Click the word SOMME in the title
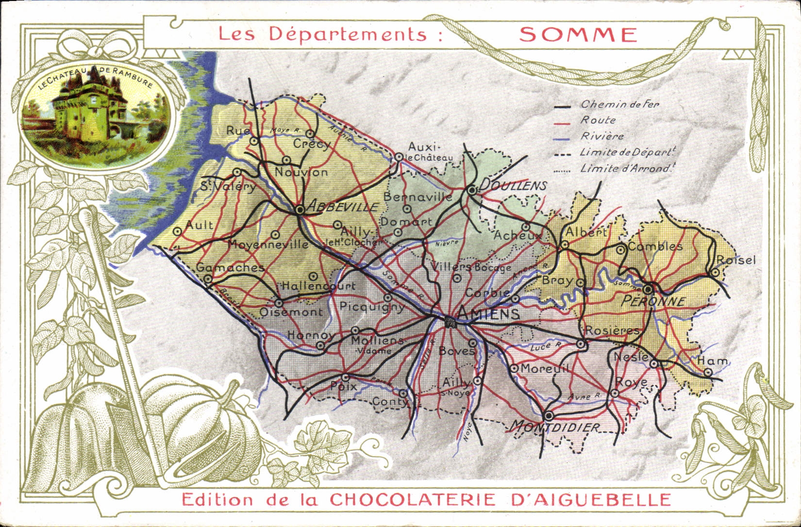(578, 34)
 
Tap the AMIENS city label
(489, 314)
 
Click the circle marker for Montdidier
(549, 416)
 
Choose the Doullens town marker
(472, 191)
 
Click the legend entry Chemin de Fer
(620, 104)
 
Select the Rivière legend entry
(602, 136)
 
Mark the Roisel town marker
(716, 273)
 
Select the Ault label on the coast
(199, 225)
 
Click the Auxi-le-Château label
(430, 151)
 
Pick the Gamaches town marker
(208, 279)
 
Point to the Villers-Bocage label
(471, 267)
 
